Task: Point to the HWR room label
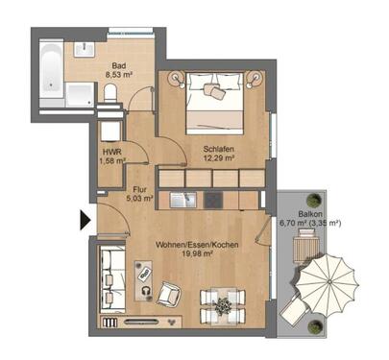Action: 111,152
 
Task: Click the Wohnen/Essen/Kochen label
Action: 198,244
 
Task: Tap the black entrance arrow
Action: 85,221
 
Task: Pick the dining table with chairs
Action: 223,306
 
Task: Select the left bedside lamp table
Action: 176,78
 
